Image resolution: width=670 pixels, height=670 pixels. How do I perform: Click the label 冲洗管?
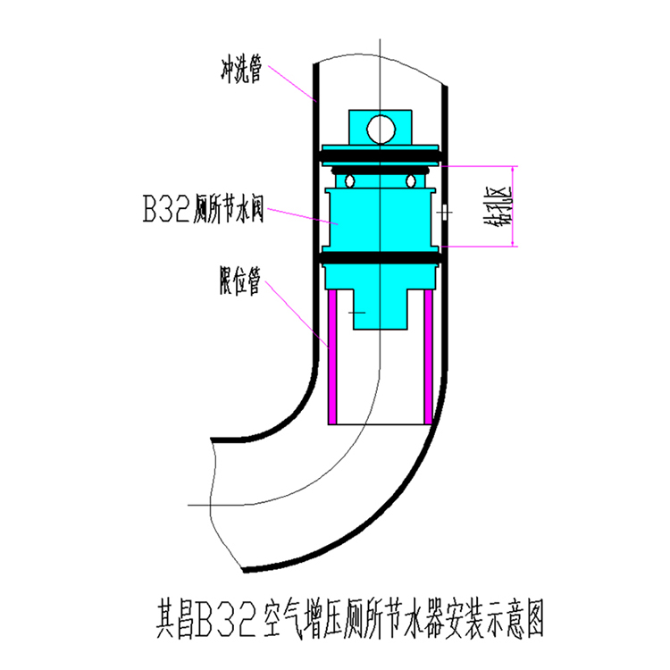pyautogui.click(x=240, y=70)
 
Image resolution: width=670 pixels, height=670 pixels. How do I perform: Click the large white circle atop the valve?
pyautogui.click(x=381, y=129)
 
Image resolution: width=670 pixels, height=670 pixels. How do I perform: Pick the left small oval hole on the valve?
pyautogui.click(x=351, y=181)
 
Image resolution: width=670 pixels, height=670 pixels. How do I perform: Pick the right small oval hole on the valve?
pyautogui.click(x=411, y=181)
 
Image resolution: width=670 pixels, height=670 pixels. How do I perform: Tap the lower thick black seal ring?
pyautogui.click(x=381, y=259)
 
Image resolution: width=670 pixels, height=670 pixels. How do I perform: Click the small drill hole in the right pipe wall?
pyautogui.click(x=444, y=213)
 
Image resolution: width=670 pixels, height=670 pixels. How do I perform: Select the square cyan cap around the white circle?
pyautogui.click(x=357, y=129)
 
